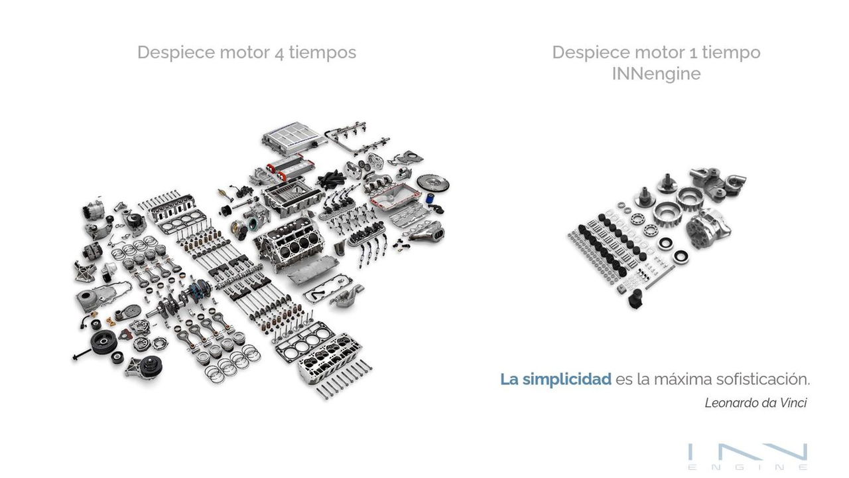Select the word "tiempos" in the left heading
click(322, 53)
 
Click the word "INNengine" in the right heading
click(656, 74)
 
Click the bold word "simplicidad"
click(566, 379)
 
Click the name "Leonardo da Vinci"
click(755, 403)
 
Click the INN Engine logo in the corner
click(748, 457)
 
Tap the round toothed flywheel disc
click(432, 183)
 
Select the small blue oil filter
click(430, 199)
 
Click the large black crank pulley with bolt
click(103, 342)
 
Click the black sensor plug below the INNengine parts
click(635, 299)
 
